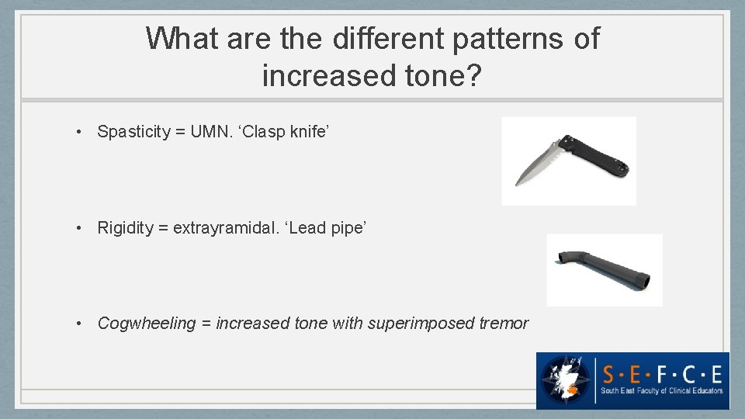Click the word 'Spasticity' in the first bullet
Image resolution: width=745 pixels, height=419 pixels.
133,132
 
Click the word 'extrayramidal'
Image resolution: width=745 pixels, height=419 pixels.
220,228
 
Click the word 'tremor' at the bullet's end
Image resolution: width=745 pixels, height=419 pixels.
503,324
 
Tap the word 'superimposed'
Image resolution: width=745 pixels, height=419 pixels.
419,324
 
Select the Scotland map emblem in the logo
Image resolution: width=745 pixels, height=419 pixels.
567,379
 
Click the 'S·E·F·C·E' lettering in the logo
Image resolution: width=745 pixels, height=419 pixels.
662,373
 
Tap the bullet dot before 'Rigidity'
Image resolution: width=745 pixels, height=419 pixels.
81,228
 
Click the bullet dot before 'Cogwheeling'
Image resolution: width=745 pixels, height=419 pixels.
81,324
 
